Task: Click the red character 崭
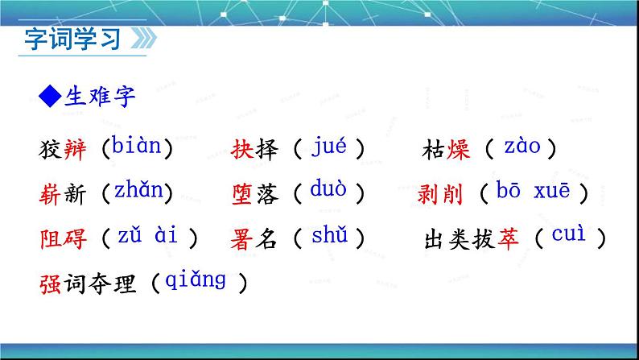pyautogui.click(x=49, y=193)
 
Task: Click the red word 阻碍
pyautogui.click(x=62, y=239)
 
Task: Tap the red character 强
pyautogui.click(x=49, y=284)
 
